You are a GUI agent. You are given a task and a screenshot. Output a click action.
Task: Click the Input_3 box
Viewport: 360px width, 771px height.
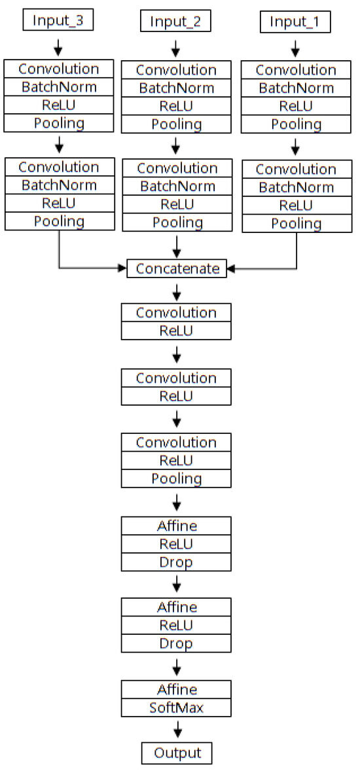[58, 20]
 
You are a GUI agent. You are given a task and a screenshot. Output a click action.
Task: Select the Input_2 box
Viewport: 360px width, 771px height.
[175, 22]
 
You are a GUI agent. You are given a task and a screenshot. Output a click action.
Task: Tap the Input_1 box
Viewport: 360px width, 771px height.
[295, 22]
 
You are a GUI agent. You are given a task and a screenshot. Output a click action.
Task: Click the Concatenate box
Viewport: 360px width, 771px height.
[177, 268]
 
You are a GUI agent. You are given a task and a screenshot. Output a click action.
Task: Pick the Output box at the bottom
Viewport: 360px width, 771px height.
[177, 753]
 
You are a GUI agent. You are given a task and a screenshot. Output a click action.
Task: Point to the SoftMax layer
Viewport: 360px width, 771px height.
[177, 708]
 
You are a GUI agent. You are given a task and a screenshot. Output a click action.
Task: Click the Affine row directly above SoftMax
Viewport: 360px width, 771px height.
[177, 689]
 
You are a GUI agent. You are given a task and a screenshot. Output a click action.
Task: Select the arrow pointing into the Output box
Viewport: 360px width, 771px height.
[177, 730]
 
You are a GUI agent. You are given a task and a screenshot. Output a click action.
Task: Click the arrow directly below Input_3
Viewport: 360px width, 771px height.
[58, 46]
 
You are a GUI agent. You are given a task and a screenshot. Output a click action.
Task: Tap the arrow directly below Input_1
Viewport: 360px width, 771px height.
[295, 48]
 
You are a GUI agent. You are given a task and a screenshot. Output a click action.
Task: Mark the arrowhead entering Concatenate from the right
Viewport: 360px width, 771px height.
[231, 268]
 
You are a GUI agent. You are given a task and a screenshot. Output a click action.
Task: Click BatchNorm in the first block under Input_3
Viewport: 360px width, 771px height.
[58, 87]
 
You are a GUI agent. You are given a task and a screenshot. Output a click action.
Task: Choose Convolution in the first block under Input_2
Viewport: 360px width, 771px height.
[176, 70]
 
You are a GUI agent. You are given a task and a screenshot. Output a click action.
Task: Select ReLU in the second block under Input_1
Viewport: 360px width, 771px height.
[298, 206]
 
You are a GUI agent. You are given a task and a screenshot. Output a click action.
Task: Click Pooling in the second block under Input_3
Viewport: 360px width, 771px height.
[58, 221]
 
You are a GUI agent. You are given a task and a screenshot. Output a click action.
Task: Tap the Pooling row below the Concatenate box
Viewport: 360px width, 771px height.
[177, 478]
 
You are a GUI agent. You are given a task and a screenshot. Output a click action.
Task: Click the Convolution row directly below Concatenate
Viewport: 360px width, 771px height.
[177, 313]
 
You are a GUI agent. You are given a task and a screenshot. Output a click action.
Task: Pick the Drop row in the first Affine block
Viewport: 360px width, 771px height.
[177, 562]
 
